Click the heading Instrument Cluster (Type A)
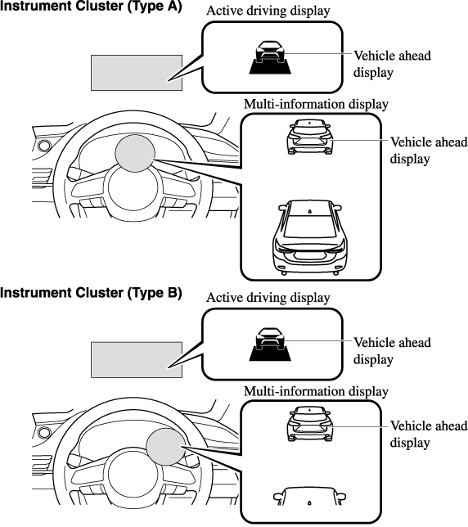(91, 6)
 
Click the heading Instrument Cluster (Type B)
(91, 293)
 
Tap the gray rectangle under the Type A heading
(137, 73)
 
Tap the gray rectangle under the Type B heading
(137, 360)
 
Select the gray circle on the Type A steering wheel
(135, 153)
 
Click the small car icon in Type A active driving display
(270, 57)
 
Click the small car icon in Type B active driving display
(270, 345)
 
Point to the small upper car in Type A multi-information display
(310, 137)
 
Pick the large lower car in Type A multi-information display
(310, 238)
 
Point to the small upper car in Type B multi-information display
(310, 424)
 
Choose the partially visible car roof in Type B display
(309, 496)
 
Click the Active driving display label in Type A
(268, 11)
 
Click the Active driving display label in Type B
(268, 298)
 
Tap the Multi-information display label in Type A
(316, 104)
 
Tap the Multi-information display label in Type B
(316, 391)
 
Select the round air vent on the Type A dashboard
(44, 146)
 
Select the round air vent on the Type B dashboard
(44, 433)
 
